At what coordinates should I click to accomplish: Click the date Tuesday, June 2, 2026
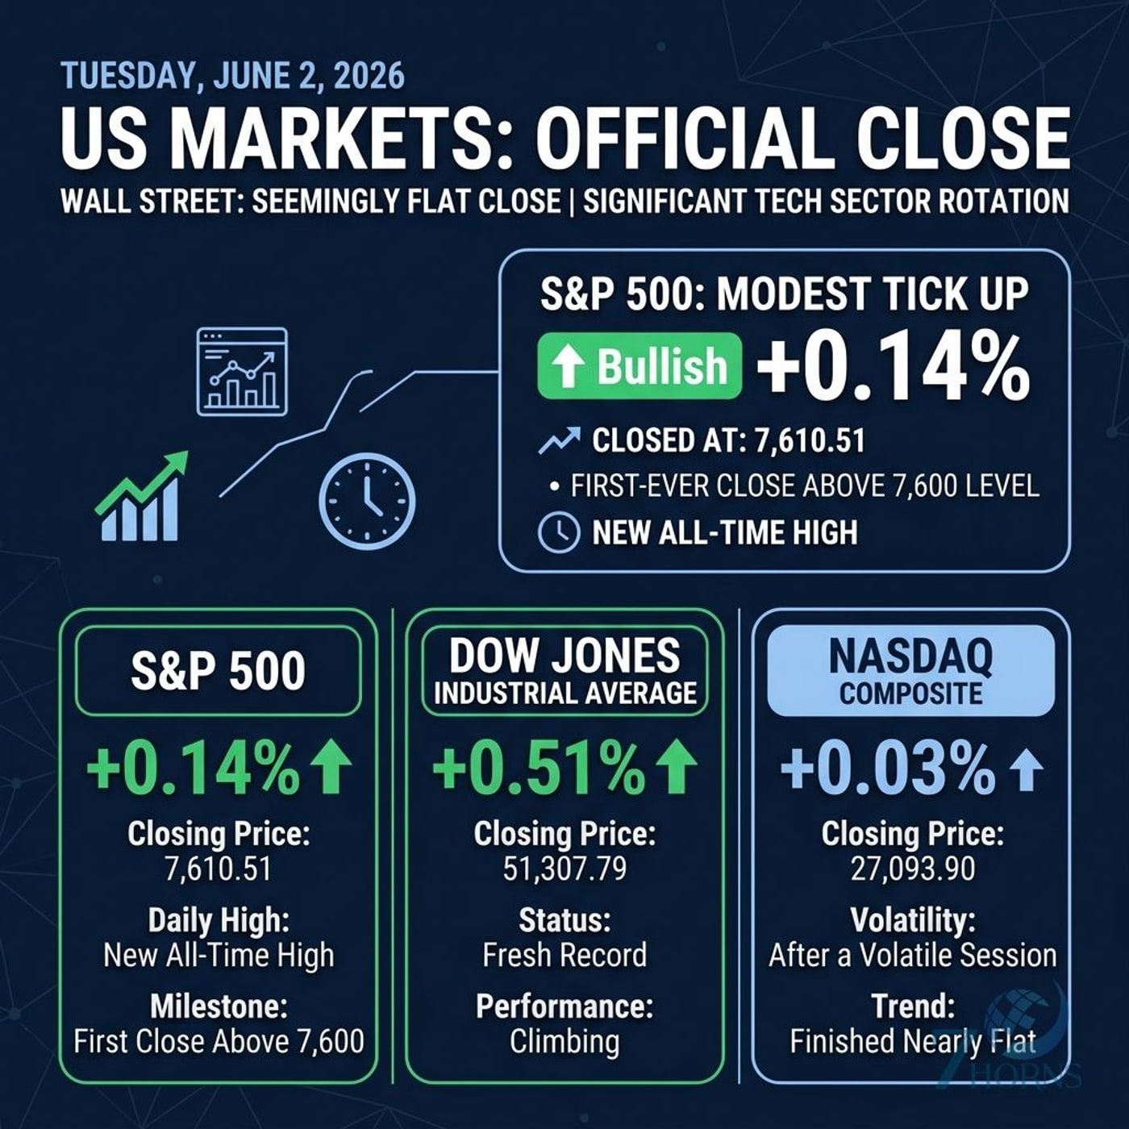tap(232, 76)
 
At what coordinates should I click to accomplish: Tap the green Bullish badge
tap(639, 366)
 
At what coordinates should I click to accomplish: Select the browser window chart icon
tap(242, 372)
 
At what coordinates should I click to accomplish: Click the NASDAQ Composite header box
tap(911, 671)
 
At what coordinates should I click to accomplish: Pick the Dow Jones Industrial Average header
tap(564, 671)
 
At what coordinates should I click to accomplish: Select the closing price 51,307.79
tap(564, 869)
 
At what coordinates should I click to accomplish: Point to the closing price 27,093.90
tap(912, 869)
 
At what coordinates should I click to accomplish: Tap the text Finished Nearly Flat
tap(912, 1041)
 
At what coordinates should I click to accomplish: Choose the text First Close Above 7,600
tap(219, 1041)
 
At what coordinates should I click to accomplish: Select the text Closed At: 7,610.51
tap(728, 440)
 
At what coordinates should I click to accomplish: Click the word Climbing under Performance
tap(564, 1041)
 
